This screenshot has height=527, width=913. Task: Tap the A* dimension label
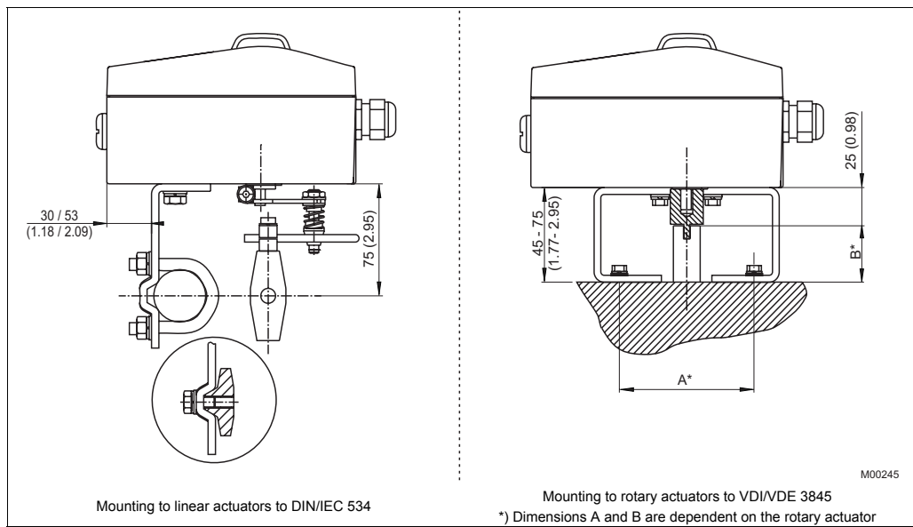[x=686, y=379]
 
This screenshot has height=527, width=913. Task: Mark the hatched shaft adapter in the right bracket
[x=685, y=206]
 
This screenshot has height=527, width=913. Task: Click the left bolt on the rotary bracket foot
[x=615, y=267]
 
